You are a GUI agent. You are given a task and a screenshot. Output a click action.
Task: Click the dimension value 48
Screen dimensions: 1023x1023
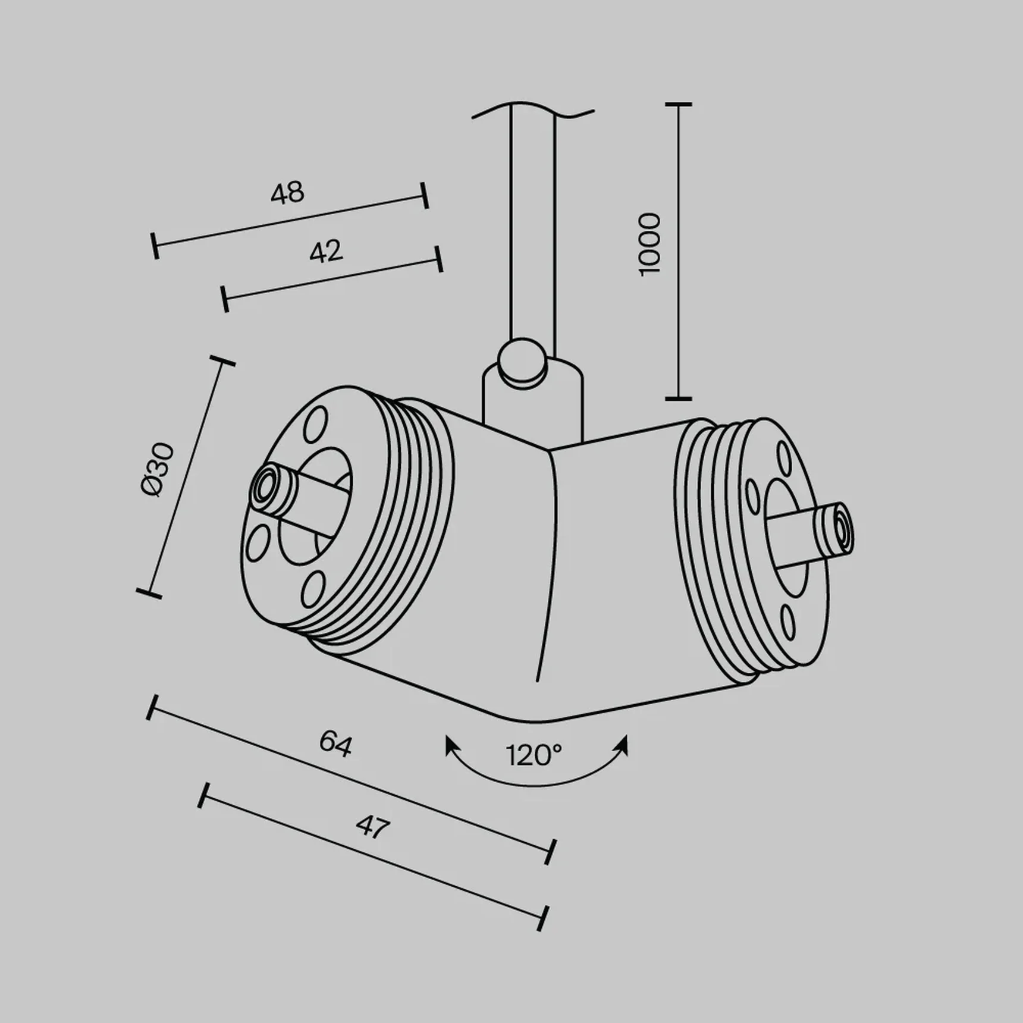coord(287,193)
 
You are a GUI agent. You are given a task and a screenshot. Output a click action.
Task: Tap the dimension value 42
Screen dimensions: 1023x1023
coord(326,252)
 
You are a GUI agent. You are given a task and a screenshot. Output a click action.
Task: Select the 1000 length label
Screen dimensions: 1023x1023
coord(649,244)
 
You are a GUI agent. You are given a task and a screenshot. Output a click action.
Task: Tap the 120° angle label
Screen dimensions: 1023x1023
coord(534,755)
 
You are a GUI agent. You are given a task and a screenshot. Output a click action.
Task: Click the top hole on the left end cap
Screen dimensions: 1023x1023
coord(315,425)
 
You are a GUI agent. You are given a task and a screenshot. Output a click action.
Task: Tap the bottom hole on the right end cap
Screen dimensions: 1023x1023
coord(788,622)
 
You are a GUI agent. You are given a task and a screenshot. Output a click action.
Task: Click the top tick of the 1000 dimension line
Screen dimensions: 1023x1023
coord(679,105)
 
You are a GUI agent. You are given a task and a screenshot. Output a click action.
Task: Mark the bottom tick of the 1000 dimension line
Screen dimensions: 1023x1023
coord(679,398)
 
